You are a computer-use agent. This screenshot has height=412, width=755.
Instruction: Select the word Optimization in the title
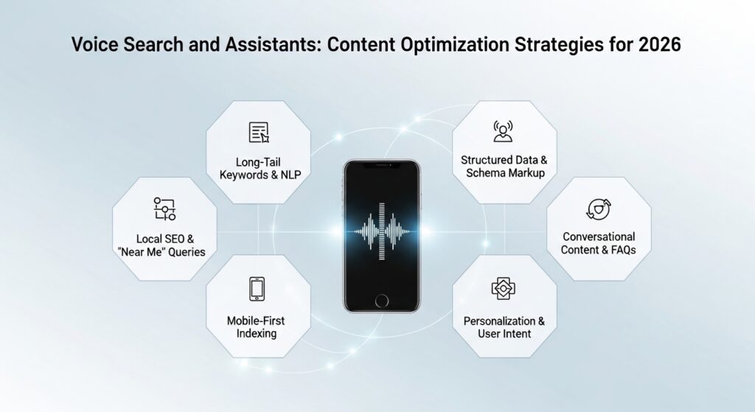(x=454, y=45)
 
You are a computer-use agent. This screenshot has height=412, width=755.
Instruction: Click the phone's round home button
(x=382, y=301)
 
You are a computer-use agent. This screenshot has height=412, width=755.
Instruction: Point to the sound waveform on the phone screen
(x=382, y=231)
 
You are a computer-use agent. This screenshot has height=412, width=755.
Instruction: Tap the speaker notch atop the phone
(x=382, y=165)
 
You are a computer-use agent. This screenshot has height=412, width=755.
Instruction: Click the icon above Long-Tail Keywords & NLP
(x=259, y=133)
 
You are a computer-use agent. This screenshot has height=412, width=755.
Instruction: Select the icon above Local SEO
(x=164, y=209)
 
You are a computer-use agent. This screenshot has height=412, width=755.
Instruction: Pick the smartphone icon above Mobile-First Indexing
(x=257, y=289)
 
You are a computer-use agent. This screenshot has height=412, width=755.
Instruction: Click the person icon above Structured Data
(x=503, y=131)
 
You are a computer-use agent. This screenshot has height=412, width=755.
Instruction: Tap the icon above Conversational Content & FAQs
(x=599, y=209)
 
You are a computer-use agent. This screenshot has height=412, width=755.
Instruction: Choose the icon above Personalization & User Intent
(x=503, y=288)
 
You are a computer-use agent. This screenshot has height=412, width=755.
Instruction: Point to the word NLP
(x=290, y=175)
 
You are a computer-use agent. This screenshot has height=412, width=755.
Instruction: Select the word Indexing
(x=256, y=334)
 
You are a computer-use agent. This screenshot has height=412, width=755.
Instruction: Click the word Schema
(x=485, y=172)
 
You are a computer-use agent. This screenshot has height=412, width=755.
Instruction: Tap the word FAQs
(x=624, y=250)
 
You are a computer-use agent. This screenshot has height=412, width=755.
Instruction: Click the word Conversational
(x=599, y=237)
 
